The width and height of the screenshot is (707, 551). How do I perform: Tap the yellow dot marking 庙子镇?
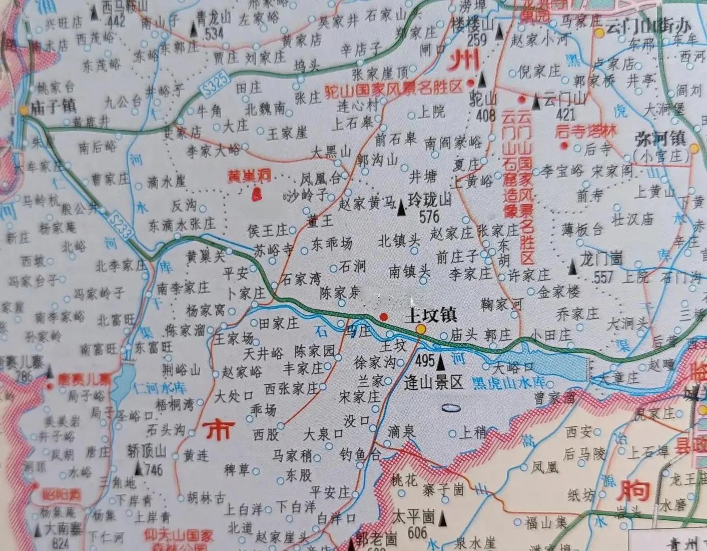point(24,108)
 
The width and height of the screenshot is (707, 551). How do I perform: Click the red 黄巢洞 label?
point(250,175)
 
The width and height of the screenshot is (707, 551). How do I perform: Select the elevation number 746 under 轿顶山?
point(153,470)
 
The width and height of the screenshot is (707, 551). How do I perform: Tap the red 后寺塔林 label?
point(586,131)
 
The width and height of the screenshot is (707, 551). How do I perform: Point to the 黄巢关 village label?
point(205,257)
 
